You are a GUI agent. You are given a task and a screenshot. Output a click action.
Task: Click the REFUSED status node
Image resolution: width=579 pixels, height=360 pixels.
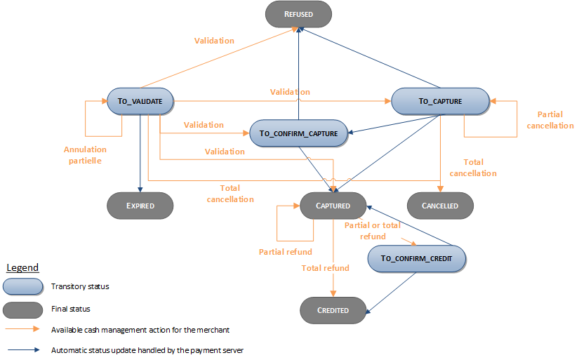click(298, 13)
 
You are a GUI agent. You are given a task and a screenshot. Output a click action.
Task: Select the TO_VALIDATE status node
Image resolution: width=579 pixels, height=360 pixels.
click(140, 101)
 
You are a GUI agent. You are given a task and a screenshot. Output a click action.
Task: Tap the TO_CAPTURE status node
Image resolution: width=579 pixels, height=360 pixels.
click(440, 101)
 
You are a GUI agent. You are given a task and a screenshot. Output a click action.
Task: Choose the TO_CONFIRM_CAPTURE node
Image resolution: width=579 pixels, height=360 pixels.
click(299, 133)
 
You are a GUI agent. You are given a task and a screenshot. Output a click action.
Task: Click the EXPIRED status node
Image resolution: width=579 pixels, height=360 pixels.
click(140, 206)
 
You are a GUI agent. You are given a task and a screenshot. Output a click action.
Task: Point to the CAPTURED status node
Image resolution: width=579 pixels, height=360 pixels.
click(333, 206)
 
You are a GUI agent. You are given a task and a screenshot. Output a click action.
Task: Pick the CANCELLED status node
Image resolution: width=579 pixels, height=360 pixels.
click(440, 206)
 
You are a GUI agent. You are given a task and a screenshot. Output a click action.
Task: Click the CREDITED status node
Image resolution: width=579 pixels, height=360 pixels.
click(333, 310)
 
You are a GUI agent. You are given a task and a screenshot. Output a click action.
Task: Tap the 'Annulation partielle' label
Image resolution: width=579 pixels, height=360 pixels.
click(85, 154)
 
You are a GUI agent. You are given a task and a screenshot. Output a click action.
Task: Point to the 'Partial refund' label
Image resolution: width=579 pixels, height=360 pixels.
click(285, 252)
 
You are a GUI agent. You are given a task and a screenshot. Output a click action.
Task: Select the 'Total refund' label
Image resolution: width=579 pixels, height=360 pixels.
click(325, 268)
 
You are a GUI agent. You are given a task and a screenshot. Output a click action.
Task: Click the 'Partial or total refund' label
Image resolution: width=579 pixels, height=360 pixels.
click(373, 231)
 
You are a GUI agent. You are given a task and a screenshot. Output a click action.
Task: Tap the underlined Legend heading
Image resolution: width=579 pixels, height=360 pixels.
click(22, 267)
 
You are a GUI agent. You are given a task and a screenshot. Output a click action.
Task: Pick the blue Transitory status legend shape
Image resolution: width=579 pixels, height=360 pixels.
click(22, 286)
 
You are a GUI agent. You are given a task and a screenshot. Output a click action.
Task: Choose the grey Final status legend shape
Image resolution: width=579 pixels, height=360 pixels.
click(22, 308)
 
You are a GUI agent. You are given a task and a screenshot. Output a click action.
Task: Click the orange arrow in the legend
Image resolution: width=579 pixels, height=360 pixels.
click(22, 329)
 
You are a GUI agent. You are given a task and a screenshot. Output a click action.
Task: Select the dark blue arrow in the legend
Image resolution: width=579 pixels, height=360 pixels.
click(22, 349)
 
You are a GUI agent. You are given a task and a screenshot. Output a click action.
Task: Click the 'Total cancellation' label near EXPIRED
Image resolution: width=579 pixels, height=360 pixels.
click(229, 193)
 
